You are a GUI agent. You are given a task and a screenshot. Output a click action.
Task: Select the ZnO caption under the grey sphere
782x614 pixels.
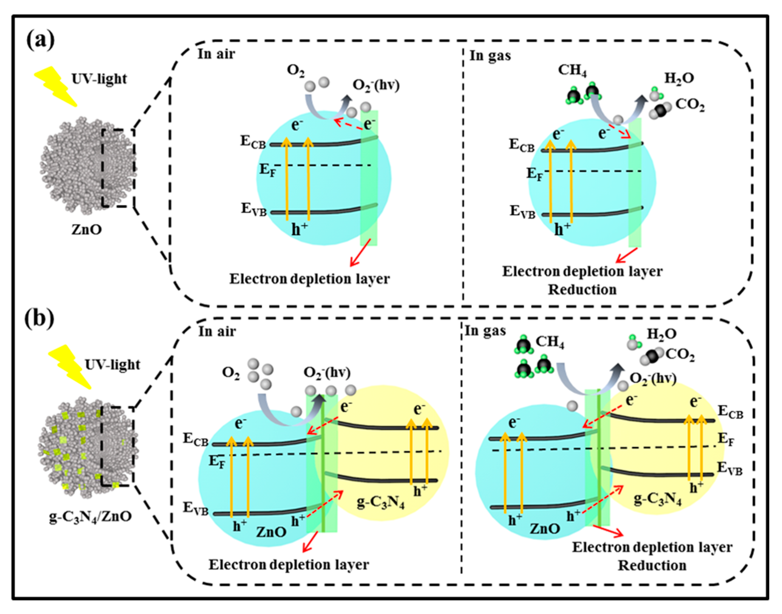click(87, 229)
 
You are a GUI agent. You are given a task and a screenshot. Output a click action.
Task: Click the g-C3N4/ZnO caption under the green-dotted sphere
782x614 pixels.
click(90, 517)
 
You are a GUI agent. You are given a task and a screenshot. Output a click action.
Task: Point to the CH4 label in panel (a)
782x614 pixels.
click(572, 70)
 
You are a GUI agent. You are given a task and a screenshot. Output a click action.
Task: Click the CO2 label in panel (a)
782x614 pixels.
click(690, 105)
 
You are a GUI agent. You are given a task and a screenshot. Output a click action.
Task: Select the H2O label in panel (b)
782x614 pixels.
click(661, 334)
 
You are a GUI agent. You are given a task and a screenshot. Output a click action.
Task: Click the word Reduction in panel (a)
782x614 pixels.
click(582, 290)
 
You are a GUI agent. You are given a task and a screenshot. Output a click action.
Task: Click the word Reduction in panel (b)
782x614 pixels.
click(652, 566)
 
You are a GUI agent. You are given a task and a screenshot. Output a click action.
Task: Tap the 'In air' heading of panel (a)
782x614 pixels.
click(216, 54)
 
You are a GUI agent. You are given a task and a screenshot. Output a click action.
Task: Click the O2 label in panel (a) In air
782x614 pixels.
click(296, 71)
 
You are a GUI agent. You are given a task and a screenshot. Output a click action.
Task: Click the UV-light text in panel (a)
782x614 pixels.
click(99, 79)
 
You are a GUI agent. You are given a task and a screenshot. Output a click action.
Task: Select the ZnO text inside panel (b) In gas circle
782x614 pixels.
click(545, 529)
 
